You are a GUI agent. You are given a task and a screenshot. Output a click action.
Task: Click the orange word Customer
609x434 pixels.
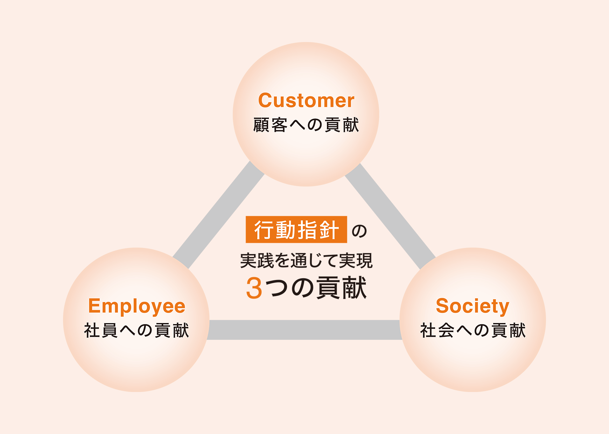click(x=306, y=100)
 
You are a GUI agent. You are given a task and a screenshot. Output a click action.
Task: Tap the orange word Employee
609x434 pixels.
click(x=136, y=306)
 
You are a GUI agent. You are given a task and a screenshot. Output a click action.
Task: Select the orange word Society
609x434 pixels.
click(x=472, y=306)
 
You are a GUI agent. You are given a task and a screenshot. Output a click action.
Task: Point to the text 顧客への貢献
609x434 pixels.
click(x=306, y=125)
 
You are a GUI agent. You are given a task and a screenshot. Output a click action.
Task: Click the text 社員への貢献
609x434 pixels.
click(x=136, y=330)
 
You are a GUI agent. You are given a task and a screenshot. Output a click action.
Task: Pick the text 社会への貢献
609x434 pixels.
click(x=473, y=330)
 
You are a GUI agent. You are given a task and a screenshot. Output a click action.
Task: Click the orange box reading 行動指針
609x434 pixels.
click(x=296, y=230)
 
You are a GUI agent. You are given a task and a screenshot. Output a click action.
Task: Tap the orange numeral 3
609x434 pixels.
click(x=254, y=288)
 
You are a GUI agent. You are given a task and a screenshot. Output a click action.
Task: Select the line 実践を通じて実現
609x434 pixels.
click(x=306, y=261)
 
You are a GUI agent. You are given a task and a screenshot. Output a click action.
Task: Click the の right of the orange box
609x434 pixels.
click(x=359, y=231)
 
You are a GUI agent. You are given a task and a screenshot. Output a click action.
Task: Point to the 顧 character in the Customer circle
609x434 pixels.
click(x=261, y=125)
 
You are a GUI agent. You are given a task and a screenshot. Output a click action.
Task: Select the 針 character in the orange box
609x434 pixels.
click(x=329, y=230)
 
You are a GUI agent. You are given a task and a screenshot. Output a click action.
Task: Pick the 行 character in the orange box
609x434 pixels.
click(x=264, y=230)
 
